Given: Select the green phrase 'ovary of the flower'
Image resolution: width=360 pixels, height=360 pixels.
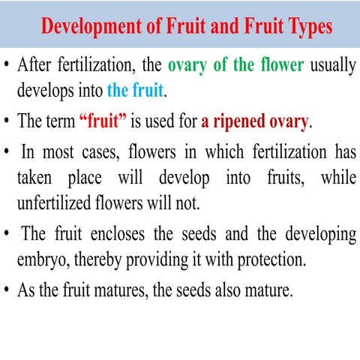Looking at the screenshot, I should click(235, 64).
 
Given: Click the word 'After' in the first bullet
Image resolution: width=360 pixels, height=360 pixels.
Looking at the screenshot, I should click(37, 64).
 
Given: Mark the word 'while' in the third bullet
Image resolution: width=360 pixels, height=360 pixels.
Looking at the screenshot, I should click(338, 178).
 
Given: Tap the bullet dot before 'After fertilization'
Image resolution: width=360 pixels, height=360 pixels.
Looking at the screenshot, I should click(7, 65).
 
